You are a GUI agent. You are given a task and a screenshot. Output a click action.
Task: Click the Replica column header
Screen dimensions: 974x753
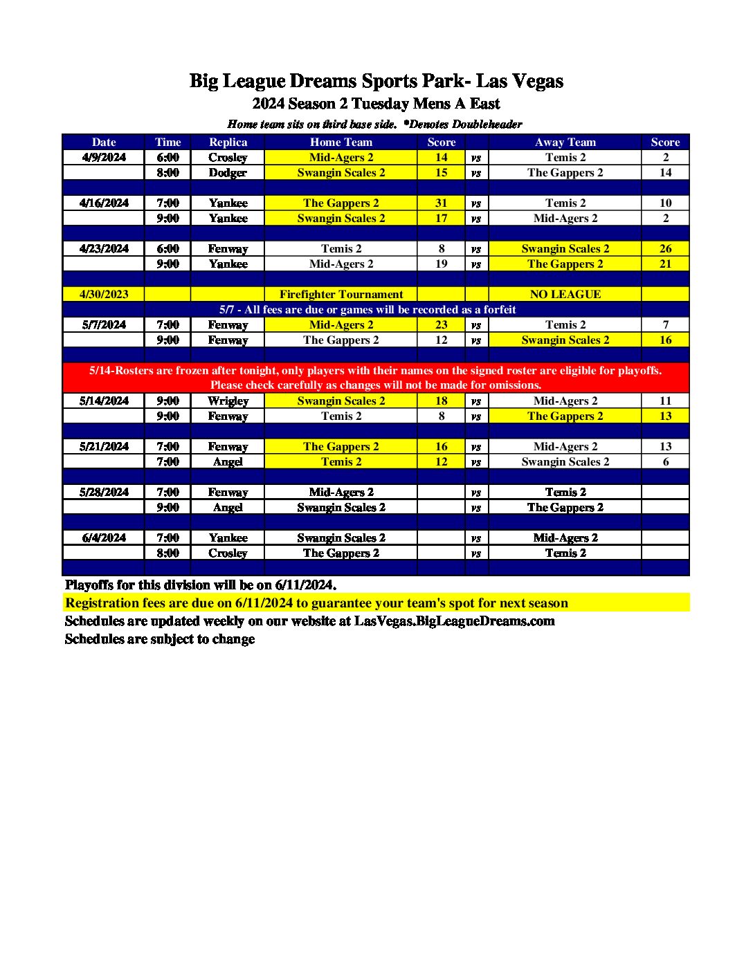[228, 143]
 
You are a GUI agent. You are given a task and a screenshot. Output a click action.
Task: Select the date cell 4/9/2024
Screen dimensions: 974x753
[104, 158]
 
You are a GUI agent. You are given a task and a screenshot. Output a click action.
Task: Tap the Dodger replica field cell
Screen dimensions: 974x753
[228, 173]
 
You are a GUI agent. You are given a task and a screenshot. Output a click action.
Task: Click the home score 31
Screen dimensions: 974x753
[441, 203]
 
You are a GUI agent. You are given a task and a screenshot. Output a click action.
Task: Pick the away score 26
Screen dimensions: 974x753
[665, 249]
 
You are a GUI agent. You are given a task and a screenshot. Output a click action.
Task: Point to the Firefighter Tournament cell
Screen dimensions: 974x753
[341, 295]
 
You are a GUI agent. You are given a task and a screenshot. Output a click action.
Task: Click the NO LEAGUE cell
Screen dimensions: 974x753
[565, 295]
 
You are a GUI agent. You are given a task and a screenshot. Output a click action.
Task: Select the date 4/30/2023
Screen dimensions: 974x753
[104, 295]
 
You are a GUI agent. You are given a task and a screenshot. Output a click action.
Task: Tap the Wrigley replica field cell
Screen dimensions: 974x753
[228, 401]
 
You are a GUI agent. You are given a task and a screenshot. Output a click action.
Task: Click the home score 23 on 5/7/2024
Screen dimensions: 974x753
[441, 325]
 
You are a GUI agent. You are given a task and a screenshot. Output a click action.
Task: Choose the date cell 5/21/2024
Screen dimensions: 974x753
[104, 447]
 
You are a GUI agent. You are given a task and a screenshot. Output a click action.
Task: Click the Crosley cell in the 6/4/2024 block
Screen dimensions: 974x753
[228, 553]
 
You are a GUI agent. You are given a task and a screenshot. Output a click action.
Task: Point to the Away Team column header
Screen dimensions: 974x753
[565, 143]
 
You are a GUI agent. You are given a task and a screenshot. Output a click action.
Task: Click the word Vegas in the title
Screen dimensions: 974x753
[538, 82]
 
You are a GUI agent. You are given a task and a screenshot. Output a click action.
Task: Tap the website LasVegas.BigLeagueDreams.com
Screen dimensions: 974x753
[454, 621]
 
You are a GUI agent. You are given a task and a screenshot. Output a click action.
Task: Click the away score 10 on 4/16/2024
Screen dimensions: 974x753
[665, 203]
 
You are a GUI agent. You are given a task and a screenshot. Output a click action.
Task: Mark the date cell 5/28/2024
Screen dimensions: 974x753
[104, 493]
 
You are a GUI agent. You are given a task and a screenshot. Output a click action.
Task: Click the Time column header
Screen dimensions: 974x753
[167, 143]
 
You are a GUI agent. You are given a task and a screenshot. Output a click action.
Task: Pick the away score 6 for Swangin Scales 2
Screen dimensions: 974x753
[665, 462]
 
